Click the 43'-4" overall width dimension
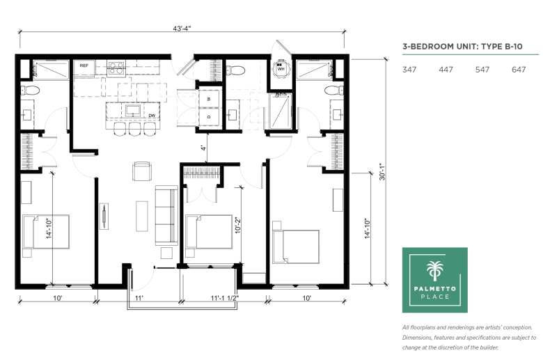[x=182, y=29]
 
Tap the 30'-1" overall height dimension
[x=382, y=171]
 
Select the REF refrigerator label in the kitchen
[x=84, y=65]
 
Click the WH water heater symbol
[x=281, y=68]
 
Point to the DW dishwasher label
[x=152, y=116]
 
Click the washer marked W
[x=209, y=99]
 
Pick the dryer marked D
[x=209, y=117]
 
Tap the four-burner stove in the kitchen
[x=116, y=68]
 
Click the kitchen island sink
[x=133, y=111]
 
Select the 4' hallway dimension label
[x=203, y=148]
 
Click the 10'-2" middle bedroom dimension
[x=237, y=226]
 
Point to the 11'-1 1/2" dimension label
[x=224, y=298]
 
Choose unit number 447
[x=446, y=70]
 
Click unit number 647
[x=519, y=70]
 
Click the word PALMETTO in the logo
[x=435, y=288]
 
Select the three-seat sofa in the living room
[x=166, y=215]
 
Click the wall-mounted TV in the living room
[x=104, y=216]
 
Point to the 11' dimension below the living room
[x=139, y=298]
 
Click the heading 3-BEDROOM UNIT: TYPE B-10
[x=462, y=47]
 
